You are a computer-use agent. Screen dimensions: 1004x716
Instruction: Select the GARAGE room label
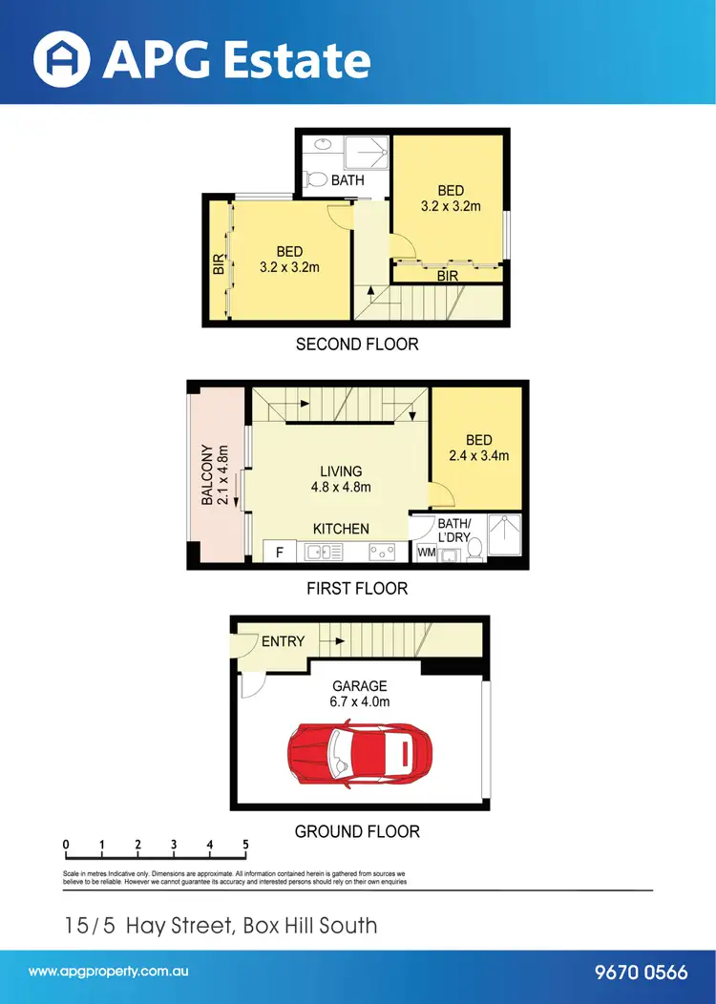click(x=359, y=685)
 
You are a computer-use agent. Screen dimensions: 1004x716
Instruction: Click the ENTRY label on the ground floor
click(x=283, y=641)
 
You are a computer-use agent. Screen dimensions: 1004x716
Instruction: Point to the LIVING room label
click(x=341, y=471)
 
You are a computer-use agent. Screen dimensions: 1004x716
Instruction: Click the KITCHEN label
click(x=341, y=529)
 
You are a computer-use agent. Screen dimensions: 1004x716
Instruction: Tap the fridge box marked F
click(x=279, y=552)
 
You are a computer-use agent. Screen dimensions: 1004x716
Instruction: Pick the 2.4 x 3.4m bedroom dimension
click(x=478, y=455)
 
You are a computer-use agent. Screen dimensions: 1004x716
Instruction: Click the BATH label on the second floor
click(x=347, y=179)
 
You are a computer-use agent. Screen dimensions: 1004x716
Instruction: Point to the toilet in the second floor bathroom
click(x=313, y=178)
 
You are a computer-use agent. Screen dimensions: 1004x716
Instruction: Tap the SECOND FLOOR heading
click(x=357, y=344)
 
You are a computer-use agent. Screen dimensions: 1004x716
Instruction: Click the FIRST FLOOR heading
click(x=357, y=589)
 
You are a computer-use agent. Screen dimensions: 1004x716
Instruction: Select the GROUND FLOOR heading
click(x=357, y=831)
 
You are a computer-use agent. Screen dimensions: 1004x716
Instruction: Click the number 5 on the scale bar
click(x=246, y=845)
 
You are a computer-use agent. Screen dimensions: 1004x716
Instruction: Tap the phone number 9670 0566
click(x=641, y=973)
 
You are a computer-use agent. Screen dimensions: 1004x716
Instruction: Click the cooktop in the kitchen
click(x=382, y=551)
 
